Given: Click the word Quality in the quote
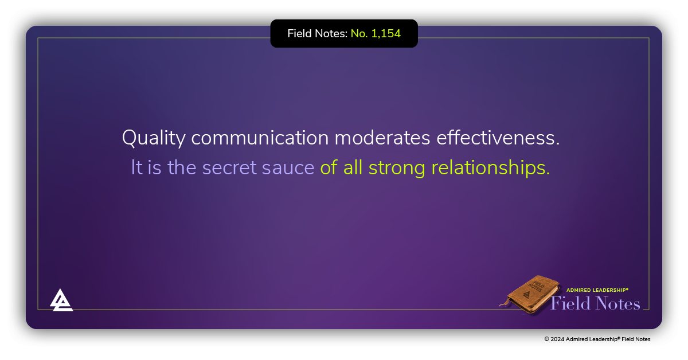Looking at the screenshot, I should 154,139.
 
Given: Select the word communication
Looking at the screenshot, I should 260,139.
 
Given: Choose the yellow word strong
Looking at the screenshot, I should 397,167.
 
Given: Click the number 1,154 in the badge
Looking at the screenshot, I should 386,34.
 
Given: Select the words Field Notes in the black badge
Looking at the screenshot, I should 317,34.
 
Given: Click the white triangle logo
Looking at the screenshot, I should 61,300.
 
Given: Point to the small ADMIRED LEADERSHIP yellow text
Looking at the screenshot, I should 597,290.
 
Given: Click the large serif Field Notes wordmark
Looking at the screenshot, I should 595,303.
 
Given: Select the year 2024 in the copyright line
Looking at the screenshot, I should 558,339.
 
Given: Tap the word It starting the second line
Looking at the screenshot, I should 136,167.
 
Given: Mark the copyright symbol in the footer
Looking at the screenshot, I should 547,339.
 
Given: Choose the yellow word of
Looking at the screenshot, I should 329,167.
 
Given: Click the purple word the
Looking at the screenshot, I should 182,167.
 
